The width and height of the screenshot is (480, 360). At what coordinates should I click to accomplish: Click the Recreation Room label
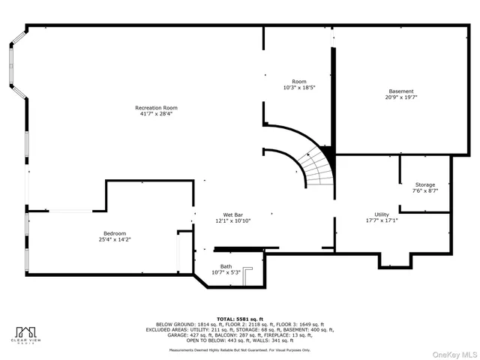click(x=156, y=107)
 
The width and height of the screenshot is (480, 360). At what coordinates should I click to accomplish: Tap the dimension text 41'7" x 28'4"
click(x=156, y=114)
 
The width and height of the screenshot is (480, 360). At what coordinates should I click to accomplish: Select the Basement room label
click(x=400, y=91)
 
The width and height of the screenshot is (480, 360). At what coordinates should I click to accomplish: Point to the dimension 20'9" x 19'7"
click(x=400, y=97)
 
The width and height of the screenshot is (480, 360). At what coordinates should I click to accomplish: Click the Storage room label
click(x=425, y=184)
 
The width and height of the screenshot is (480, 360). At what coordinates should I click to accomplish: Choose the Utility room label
click(x=382, y=214)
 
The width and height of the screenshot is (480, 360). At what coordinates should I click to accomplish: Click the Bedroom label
click(x=114, y=233)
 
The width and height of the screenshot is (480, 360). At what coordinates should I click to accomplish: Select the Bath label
click(x=226, y=265)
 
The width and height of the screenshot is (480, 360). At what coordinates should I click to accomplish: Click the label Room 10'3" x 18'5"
click(x=298, y=85)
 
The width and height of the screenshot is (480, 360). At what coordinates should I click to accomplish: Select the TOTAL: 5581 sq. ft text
click(x=240, y=318)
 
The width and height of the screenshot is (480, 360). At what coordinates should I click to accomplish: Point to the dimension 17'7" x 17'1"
click(x=382, y=220)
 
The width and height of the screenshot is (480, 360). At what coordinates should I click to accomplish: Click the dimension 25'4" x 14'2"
click(x=114, y=239)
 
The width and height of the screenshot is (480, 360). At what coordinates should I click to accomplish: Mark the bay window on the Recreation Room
click(x=17, y=70)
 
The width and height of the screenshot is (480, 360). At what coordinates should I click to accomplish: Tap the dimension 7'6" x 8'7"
click(x=425, y=190)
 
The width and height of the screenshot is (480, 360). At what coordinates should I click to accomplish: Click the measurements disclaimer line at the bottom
click(x=240, y=349)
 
